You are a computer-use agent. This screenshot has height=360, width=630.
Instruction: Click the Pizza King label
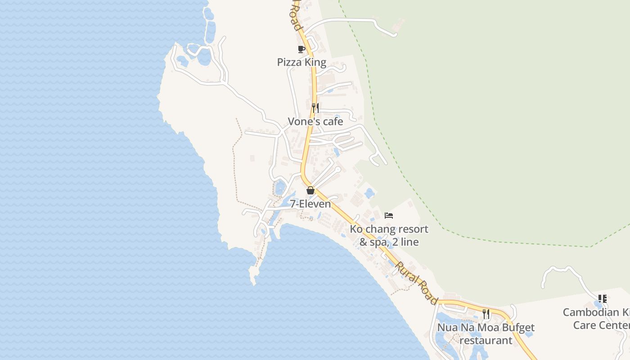coord(301,62)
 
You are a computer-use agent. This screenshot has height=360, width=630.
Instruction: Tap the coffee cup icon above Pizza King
coord(301,49)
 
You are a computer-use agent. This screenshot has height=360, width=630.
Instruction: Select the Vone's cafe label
coord(315,121)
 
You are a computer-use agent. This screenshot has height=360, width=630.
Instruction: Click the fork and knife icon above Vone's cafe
coord(315,108)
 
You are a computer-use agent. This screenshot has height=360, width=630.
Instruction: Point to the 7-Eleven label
coord(310,204)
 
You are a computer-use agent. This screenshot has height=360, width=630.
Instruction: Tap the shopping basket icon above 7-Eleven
coord(310,190)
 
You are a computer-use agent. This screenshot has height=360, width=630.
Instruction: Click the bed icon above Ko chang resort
coord(389,216)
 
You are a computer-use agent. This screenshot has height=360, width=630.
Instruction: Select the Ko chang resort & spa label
coord(389,235)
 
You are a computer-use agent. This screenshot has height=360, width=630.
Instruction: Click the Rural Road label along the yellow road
coord(416,283)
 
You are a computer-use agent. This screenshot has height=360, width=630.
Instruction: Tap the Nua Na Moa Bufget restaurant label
coord(486,333)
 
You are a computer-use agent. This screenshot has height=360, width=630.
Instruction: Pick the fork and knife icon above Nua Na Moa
coord(486,314)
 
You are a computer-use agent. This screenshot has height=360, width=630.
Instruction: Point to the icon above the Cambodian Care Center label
coord(603,299)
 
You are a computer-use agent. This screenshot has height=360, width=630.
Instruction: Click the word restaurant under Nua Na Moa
coord(486,340)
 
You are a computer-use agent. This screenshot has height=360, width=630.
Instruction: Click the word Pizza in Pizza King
coord(289,62)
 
